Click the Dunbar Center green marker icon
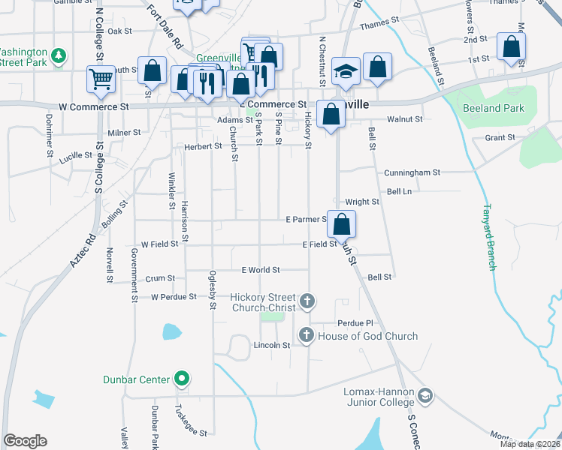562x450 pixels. coord(181,379)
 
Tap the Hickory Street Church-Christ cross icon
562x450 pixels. coord(307,301)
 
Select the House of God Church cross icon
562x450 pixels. coord(307,336)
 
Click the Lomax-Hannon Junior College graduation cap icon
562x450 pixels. coord(425,395)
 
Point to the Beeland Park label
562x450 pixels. coord(493,108)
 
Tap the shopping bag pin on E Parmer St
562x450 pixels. coord(341,223)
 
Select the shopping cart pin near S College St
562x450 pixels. coord(101,79)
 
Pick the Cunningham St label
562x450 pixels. coord(412,172)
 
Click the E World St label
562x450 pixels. coord(261,270)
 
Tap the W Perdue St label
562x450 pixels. coord(174,297)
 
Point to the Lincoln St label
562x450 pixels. coord(272,345)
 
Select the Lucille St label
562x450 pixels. coord(79,155)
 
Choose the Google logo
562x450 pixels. coord(25,440)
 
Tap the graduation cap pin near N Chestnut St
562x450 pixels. coord(345,71)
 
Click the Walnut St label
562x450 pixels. coord(404,118)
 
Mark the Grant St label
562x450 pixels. coord(500,137)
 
